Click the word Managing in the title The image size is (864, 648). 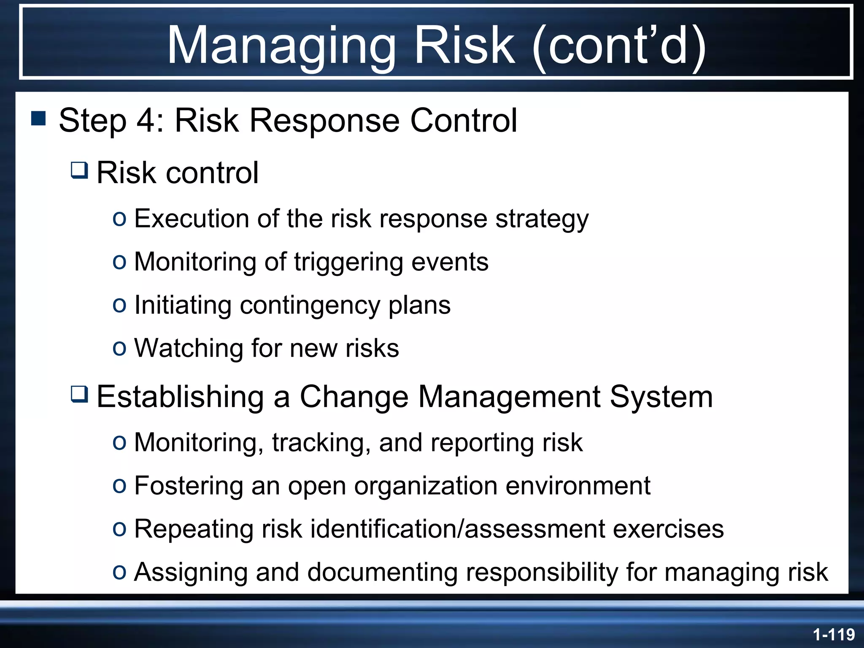pyautogui.click(x=281, y=45)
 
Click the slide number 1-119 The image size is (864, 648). pyautogui.click(x=834, y=634)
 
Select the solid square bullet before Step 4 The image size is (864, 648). pyautogui.click(x=38, y=119)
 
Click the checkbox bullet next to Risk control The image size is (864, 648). pyautogui.click(x=79, y=170)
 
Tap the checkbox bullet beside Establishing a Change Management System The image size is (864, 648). pyautogui.click(x=79, y=394)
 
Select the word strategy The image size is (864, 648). pyautogui.click(x=542, y=219)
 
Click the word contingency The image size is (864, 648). pyautogui.click(x=310, y=305)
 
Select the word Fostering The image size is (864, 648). pyautogui.click(x=189, y=486)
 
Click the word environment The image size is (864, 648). pyautogui.click(x=578, y=486)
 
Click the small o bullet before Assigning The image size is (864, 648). pyautogui.click(x=119, y=572)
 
